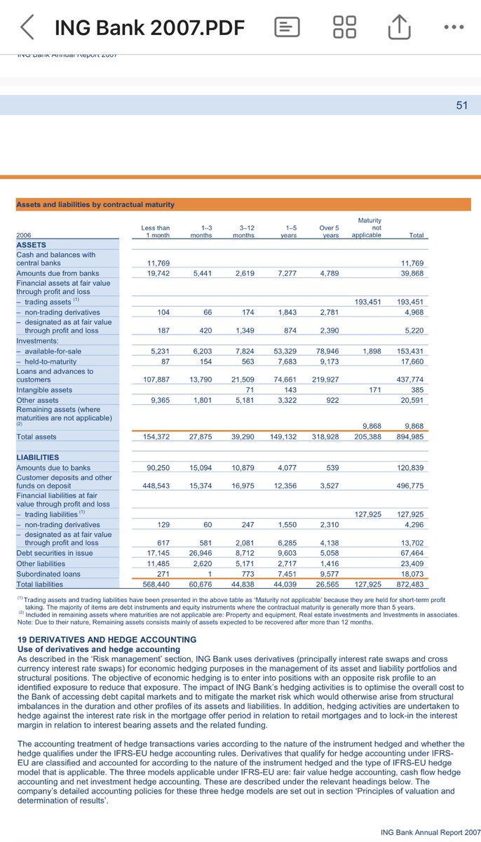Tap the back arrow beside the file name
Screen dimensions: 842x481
(27, 27)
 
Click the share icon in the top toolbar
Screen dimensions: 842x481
(398, 27)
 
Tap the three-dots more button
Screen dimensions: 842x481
(454, 27)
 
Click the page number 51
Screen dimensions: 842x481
(461, 105)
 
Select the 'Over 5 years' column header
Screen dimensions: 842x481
(329, 232)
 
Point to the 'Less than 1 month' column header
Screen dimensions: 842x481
(155, 232)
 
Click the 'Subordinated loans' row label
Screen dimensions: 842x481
(48, 574)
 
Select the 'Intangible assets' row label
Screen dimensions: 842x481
(44, 389)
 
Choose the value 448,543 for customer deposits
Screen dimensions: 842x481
(156, 486)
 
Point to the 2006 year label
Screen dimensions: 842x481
(25, 236)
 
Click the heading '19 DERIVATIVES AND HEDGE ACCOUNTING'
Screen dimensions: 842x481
(107, 640)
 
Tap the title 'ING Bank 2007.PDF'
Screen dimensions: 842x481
(149, 28)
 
